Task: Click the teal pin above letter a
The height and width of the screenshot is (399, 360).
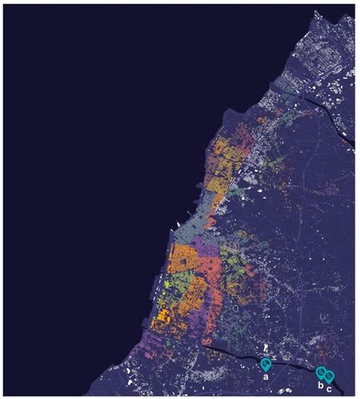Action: [x=266, y=364]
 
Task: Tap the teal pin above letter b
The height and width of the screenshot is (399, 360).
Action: [x=321, y=372]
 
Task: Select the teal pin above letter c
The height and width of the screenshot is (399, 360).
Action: [x=330, y=374]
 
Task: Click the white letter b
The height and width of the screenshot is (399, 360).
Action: [x=321, y=385]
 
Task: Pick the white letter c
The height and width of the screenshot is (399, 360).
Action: [x=330, y=386]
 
